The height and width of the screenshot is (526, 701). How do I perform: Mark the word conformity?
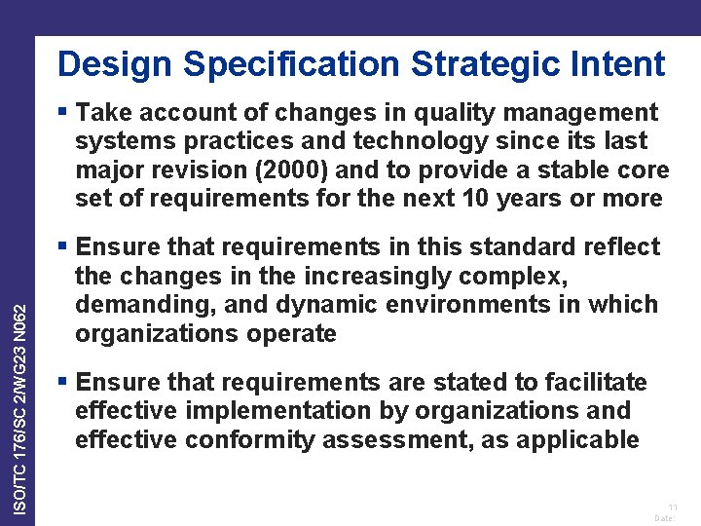[251, 439]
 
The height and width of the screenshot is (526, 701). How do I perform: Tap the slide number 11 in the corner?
[672, 507]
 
